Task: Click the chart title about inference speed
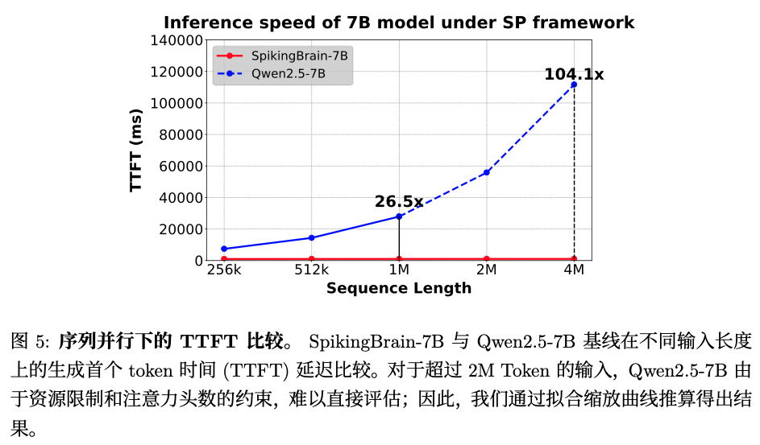399,23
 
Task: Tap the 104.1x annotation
574,75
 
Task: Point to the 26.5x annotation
398,202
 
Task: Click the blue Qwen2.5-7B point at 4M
574,84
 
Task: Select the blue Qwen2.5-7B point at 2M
486,172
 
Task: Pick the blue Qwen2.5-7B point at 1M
399,216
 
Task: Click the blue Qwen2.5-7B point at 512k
311,237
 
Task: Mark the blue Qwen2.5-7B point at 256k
224,249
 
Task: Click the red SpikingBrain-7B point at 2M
486,258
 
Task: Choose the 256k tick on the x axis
224,270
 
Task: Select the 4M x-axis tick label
574,270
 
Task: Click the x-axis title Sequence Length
399,288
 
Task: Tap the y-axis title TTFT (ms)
136,150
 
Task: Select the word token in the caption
147,371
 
